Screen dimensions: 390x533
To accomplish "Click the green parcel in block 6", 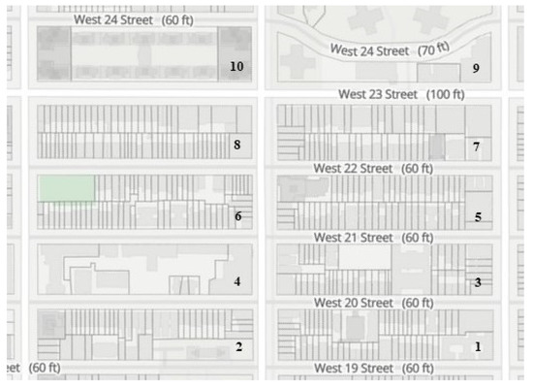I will (66, 187).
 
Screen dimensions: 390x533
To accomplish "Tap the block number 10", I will (236, 66).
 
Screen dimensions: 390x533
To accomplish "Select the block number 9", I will (476, 68).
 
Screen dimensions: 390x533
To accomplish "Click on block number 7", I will (476, 146).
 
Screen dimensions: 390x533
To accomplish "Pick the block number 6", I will (237, 215).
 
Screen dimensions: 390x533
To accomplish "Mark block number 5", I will (478, 216).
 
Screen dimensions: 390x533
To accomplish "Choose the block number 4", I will (236, 282).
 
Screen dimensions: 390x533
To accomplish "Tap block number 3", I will (477, 282).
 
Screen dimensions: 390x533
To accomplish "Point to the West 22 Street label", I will (373, 168).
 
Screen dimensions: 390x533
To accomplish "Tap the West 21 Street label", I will (373, 237).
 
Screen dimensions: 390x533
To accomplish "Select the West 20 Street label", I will (373, 303).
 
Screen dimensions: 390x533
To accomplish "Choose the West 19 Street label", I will (373, 369).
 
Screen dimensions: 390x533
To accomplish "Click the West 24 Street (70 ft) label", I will (390, 49).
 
